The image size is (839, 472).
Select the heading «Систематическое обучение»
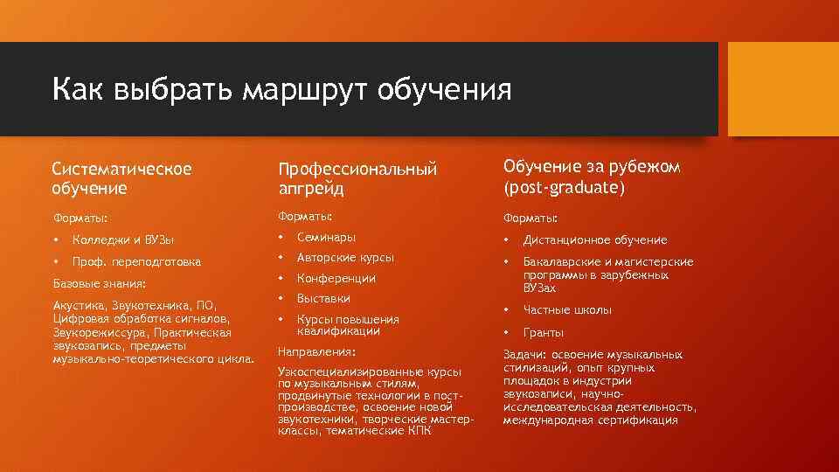(x=121, y=177)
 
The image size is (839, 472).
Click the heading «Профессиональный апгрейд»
(x=357, y=178)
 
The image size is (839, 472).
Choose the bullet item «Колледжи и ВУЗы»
(x=123, y=239)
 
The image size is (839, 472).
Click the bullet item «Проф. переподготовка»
(x=136, y=261)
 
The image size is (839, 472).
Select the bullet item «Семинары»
(x=326, y=237)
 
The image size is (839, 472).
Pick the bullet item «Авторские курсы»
(x=345, y=258)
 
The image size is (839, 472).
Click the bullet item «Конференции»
(x=336, y=279)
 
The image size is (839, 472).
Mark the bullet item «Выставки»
(x=323, y=299)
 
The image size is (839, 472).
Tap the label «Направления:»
(x=316, y=351)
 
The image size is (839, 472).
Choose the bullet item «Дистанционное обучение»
(x=594, y=239)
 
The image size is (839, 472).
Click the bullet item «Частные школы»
(x=567, y=310)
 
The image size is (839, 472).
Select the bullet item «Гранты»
(x=543, y=333)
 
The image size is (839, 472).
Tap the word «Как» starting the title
(x=72, y=89)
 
